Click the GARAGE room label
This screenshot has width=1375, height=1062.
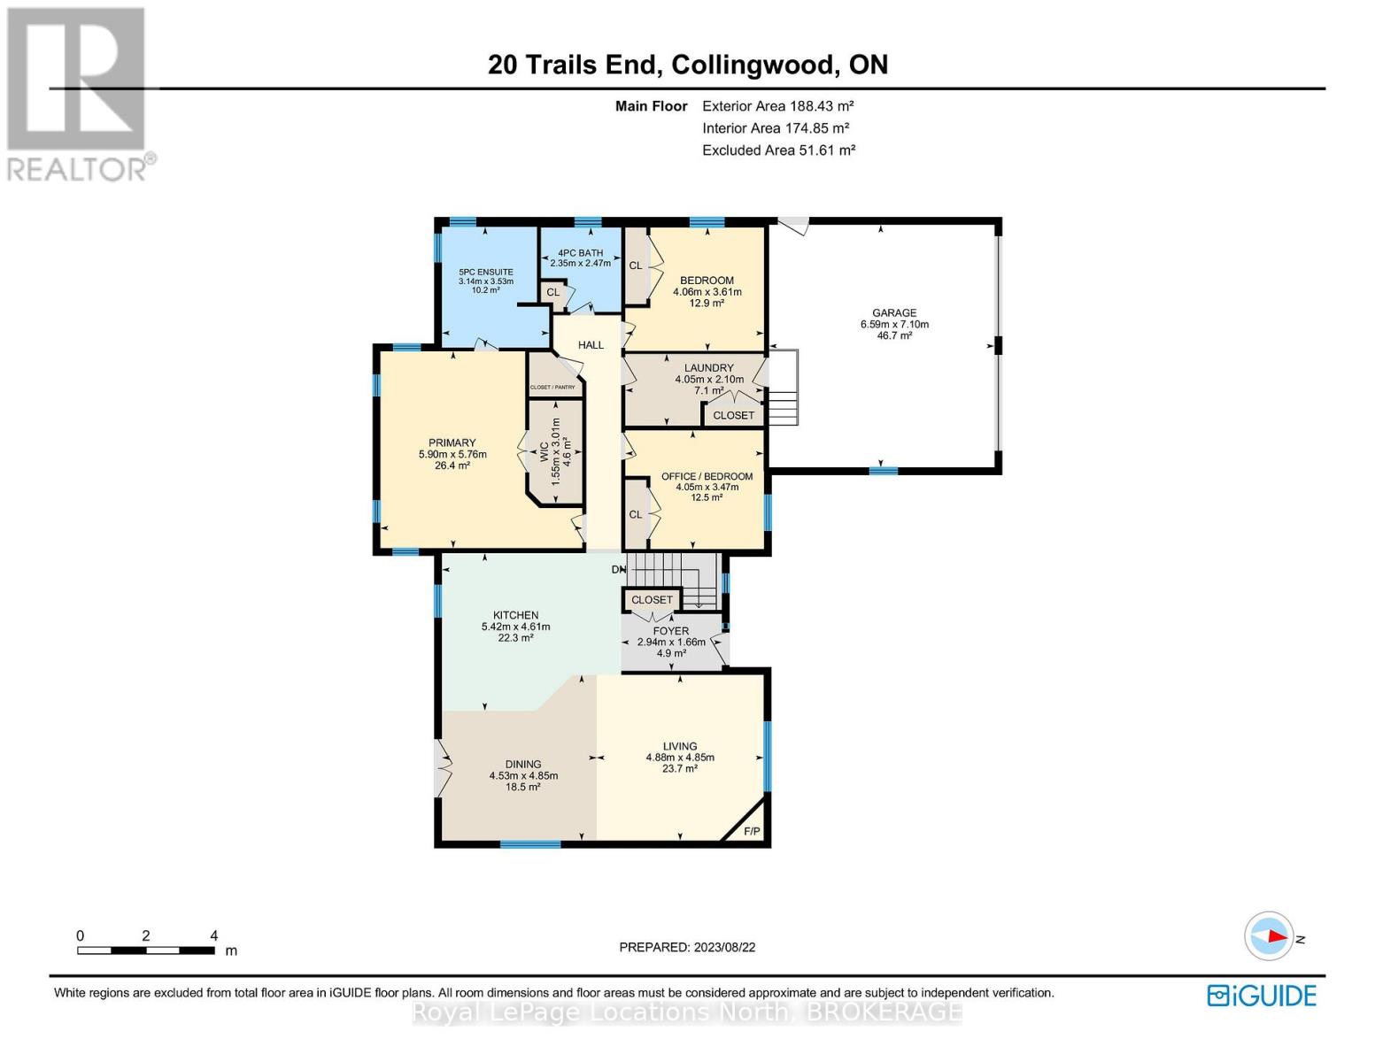894,312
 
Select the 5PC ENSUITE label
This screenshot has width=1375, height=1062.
485,272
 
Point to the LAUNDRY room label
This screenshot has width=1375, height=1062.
708,368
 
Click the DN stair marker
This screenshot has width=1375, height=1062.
618,569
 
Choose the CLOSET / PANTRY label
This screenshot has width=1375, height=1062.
552,388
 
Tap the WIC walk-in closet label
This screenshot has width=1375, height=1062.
545,455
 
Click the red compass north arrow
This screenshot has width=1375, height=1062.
1271,936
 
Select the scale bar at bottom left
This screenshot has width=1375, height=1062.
146,950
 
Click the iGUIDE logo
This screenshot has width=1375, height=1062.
1262,996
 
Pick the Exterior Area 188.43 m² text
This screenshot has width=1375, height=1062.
777,106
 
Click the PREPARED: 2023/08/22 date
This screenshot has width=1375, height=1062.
687,947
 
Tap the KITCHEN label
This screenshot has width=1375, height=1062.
515,615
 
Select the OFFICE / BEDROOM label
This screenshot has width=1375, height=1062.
707,476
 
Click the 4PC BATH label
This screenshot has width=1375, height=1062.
580,253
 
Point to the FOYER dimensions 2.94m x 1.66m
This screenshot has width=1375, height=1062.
671,643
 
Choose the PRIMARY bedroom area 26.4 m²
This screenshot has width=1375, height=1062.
452,466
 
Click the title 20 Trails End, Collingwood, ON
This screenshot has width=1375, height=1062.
687,65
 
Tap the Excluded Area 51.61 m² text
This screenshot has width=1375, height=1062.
778,150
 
